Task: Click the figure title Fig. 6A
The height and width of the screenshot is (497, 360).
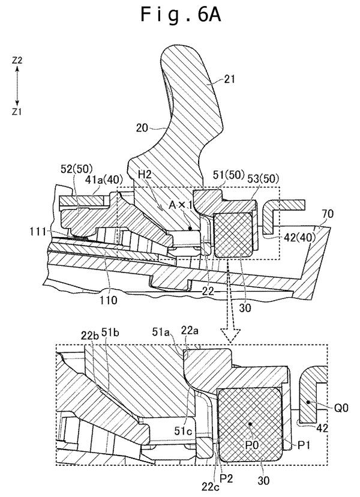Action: point(181,15)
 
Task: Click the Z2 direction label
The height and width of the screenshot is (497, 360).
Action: point(17,60)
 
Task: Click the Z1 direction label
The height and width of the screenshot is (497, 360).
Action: point(17,112)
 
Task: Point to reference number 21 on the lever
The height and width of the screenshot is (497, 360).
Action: point(229,79)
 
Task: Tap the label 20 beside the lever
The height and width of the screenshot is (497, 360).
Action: point(142,128)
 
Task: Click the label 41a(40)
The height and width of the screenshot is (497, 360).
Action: point(104,180)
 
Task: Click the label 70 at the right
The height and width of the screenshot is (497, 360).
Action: point(328,214)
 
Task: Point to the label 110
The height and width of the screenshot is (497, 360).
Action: point(109,300)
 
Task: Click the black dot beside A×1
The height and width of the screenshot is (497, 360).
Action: point(190,228)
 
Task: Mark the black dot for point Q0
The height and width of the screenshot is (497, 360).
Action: point(308,402)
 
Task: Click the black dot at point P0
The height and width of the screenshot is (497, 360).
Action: point(250,424)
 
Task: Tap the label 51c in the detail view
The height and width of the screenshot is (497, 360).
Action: point(183,431)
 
